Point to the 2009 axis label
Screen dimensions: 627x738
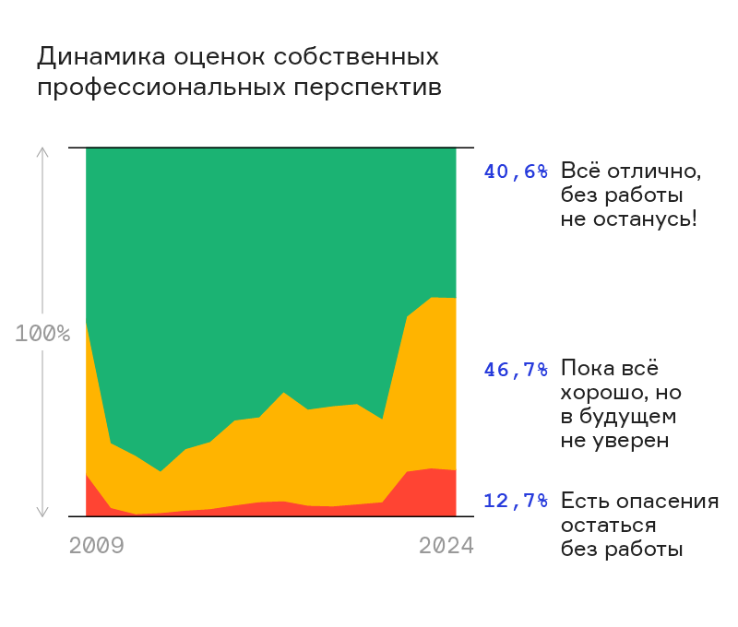pyautogui.click(x=97, y=546)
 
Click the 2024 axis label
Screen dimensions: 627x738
pyautogui.click(x=446, y=546)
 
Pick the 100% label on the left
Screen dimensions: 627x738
pyautogui.click(x=42, y=333)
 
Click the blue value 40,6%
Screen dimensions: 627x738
pyautogui.click(x=516, y=172)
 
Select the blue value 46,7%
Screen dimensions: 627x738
pyautogui.click(x=516, y=370)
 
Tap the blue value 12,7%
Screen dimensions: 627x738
pyautogui.click(x=516, y=502)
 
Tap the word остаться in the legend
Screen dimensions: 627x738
pyautogui.click(x=608, y=526)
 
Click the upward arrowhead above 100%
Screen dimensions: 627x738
pyautogui.click(x=42, y=152)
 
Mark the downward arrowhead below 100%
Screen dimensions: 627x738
pyautogui.click(x=42, y=512)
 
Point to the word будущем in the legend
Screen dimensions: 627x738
pyautogui.click(x=626, y=417)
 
